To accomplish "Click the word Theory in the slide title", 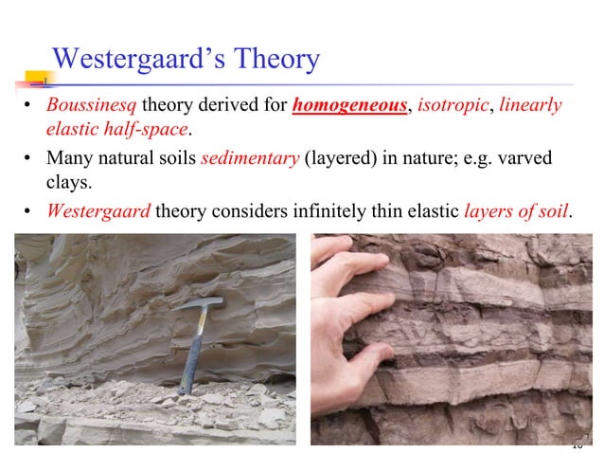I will click(x=274, y=60).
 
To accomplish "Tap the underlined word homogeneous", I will click(x=350, y=105).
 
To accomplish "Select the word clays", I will click(x=67, y=180).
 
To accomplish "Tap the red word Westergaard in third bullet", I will click(x=98, y=209).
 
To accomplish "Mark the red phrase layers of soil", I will click(x=517, y=209).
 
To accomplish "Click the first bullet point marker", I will click(x=28, y=106).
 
